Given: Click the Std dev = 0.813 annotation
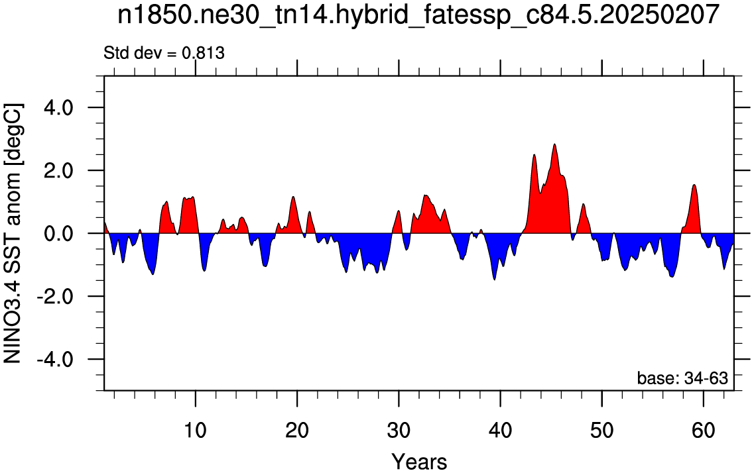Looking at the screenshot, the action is click(164, 53).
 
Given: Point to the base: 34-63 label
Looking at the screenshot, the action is click(682, 378).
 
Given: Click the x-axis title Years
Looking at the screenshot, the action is click(419, 462).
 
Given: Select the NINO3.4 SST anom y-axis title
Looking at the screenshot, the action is click(13, 233).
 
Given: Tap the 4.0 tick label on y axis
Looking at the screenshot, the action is click(58, 107).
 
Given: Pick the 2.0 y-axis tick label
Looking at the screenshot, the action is click(58, 170).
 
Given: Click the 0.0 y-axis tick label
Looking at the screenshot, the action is click(58, 233).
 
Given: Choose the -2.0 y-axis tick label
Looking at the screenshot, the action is click(55, 296).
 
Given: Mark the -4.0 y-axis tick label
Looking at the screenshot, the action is click(55, 359).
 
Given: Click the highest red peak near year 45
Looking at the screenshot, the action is click(554, 144).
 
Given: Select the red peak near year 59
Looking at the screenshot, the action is click(694, 185).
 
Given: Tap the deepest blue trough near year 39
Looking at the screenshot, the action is click(494, 280).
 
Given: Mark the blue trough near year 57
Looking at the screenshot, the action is click(672, 277).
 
